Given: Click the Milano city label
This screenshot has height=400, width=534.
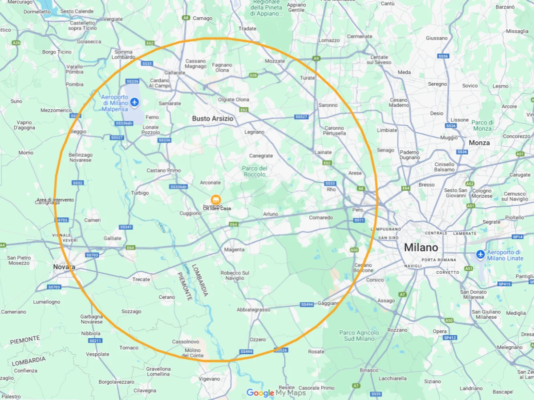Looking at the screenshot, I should click(x=421, y=248).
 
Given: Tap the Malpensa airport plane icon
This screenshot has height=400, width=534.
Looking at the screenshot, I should click(x=134, y=103).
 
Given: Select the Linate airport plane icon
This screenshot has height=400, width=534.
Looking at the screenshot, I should click(x=480, y=254).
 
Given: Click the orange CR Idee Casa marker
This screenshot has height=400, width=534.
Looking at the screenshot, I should click(x=216, y=200).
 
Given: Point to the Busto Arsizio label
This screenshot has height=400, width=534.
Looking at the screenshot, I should click(x=212, y=119).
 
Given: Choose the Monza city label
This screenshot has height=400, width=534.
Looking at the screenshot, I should click(x=479, y=143).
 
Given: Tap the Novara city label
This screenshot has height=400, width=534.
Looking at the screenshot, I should click(x=64, y=267).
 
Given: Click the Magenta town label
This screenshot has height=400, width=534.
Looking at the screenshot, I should click(x=234, y=250).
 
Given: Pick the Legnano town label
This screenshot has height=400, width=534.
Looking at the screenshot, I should click(x=254, y=132).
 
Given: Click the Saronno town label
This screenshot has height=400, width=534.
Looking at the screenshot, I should click(x=328, y=105).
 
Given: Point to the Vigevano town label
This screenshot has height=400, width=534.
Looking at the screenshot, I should click(x=209, y=379).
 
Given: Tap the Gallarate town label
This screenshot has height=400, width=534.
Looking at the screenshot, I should click(x=174, y=72).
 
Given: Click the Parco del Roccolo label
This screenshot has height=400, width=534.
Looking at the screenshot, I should click(x=255, y=171).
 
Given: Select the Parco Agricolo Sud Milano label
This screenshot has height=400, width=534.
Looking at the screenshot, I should click(x=359, y=336).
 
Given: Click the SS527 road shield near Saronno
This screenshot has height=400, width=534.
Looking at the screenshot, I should click(x=301, y=117).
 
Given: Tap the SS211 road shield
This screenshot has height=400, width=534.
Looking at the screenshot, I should click(x=95, y=341).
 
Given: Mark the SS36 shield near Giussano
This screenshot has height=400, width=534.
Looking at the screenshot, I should click(x=443, y=56).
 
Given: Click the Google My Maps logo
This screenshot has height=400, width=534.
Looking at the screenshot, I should click(x=276, y=393).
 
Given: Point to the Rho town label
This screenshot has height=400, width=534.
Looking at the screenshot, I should click(x=331, y=189).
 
